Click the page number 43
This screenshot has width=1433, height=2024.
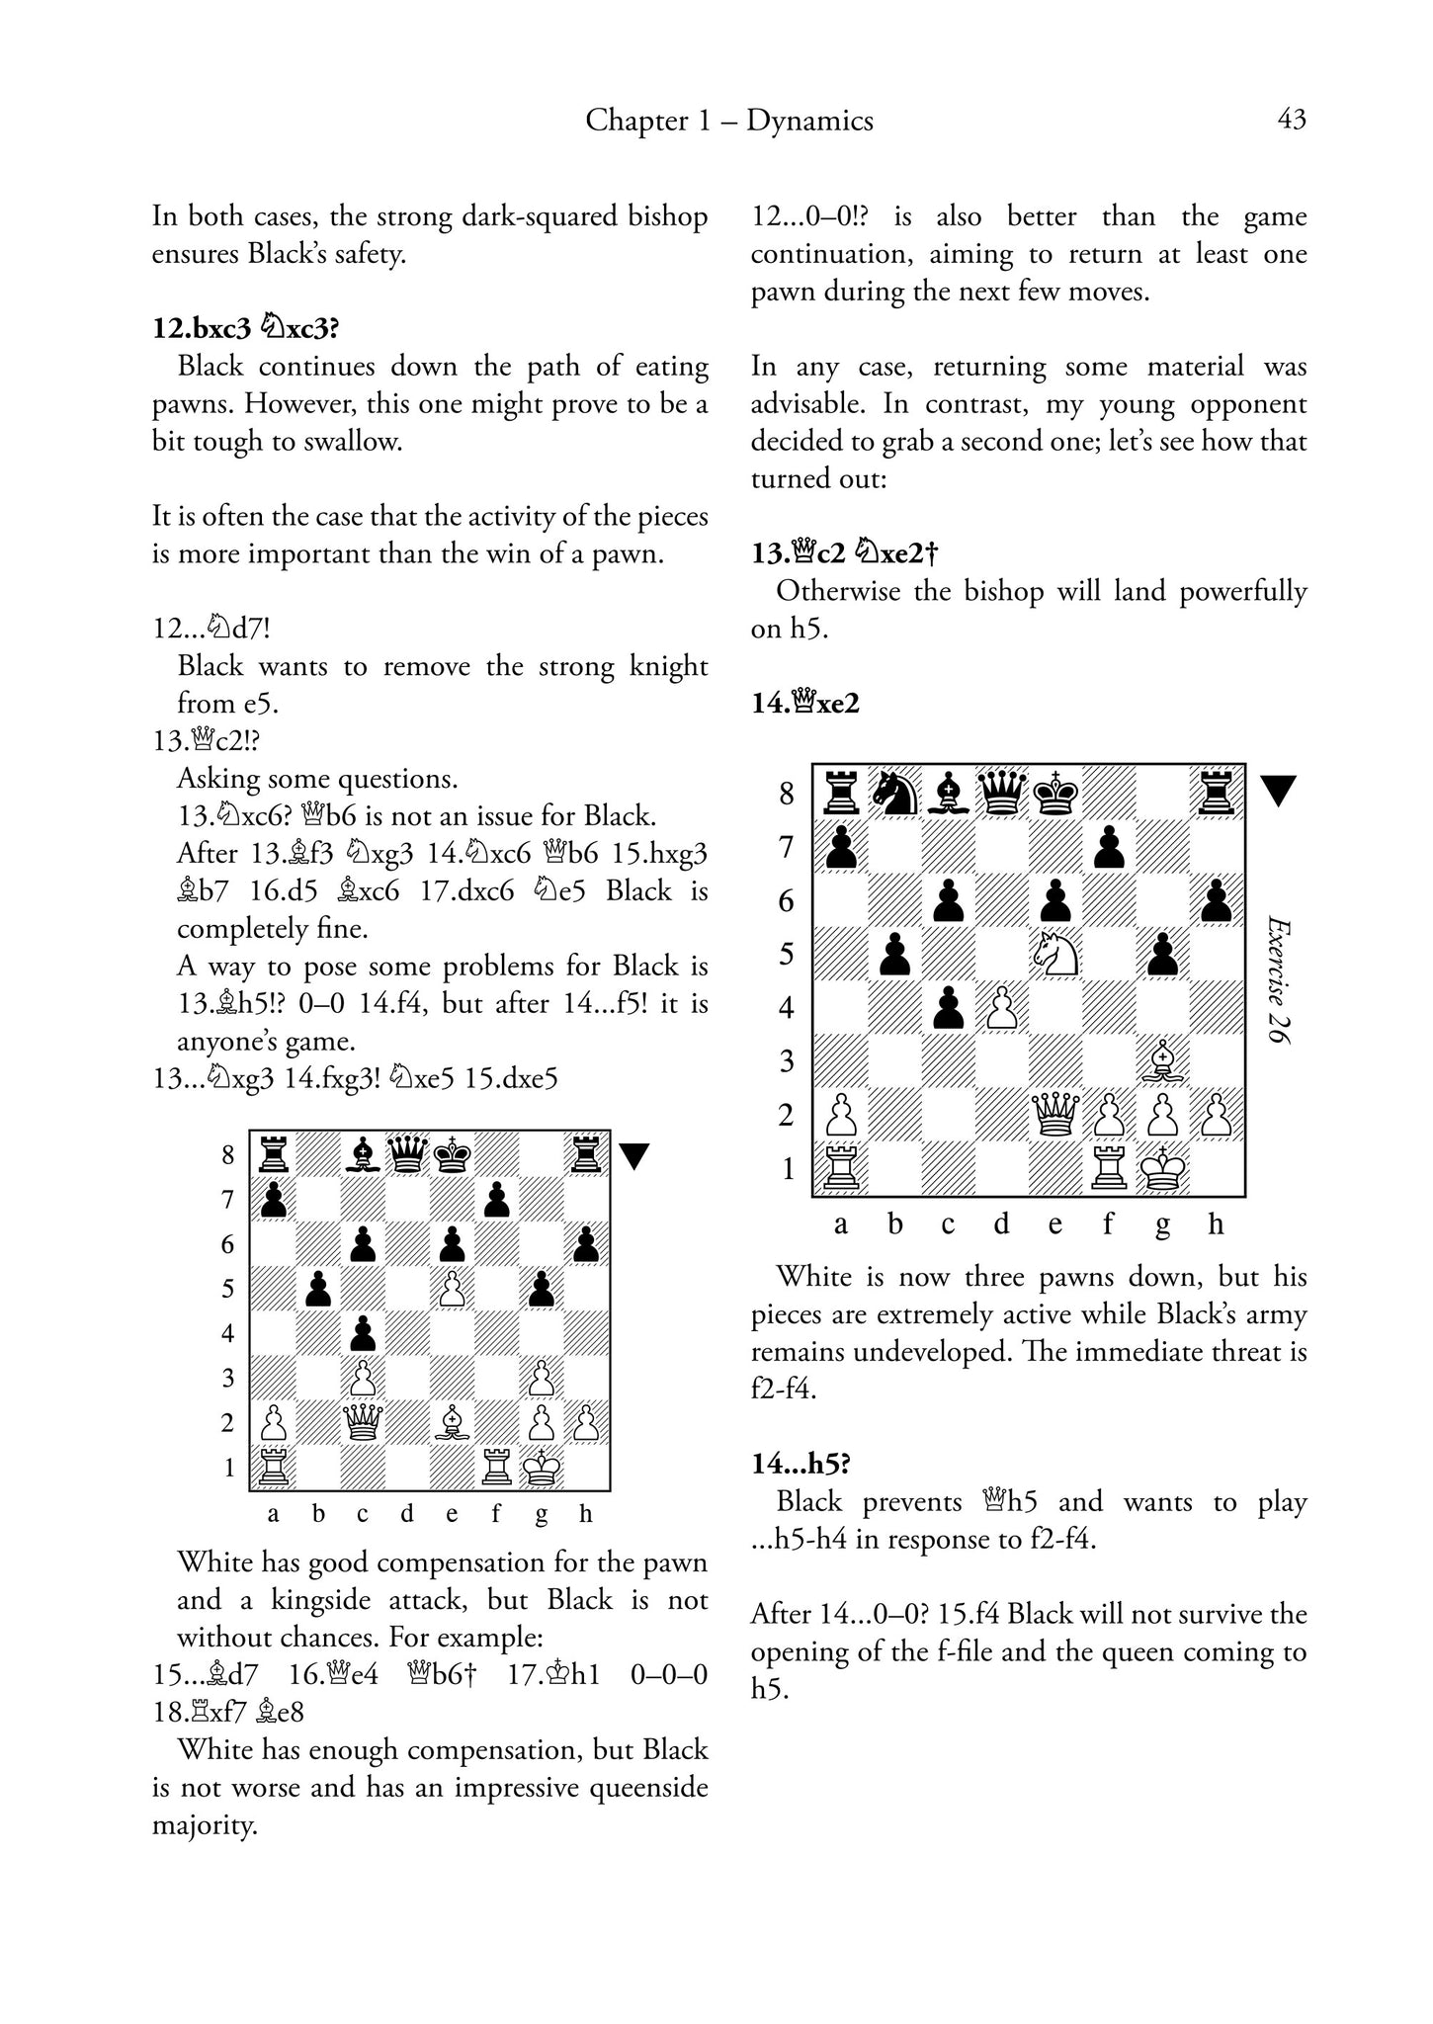(x=1292, y=120)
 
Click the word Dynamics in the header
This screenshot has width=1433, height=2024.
(x=809, y=121)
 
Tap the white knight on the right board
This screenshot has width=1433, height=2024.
(x=1054, y=954)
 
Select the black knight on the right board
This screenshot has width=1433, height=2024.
(x=894, y=793)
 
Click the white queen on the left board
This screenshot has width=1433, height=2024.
(x=363, y=1423)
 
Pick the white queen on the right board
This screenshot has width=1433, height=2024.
(x=1054, y=1116)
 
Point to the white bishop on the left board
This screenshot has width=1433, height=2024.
(x=453, y=1423)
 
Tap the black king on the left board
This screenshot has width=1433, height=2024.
(x=453, y=1153)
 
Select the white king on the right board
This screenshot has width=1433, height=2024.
(x=1163, y=1169)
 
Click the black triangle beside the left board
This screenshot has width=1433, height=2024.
(x=633, y=1156)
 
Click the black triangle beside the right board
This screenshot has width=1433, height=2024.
(x=1279, y=791)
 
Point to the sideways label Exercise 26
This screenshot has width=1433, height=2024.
(x=1281, y=980)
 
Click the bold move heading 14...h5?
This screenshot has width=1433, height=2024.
(x=801, y=1464)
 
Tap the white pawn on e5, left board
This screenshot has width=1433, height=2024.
(x=453, y=1289)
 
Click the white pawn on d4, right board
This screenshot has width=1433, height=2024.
(x=1001, y=1008)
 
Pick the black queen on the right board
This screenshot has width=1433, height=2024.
(x=1001, y=793)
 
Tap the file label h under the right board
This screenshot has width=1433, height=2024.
(x=1216, y=1224)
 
